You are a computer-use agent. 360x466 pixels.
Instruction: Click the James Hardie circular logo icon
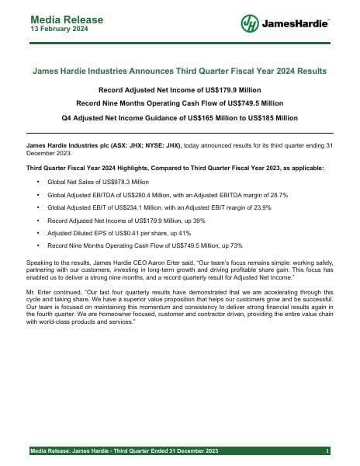click(250, 24)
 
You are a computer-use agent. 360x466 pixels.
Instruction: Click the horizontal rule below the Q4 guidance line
click(179, 134)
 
